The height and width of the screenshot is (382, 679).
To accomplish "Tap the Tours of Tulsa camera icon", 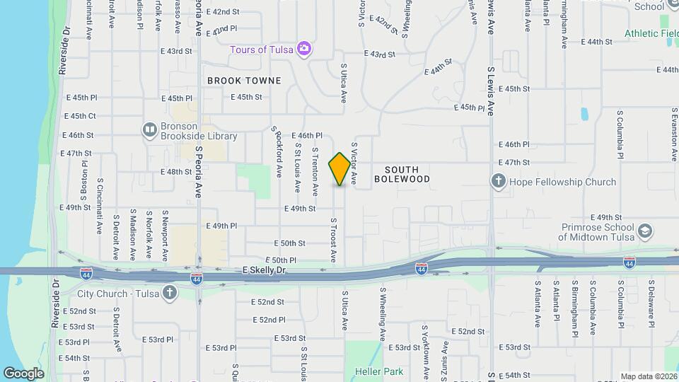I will [x=305, y=49].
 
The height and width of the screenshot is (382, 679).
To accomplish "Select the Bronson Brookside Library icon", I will [x=149, y=129].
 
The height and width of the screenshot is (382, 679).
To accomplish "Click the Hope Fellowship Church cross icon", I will [x=499, y=182].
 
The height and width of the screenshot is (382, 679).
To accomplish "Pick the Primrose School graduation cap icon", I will [x=645, y=231].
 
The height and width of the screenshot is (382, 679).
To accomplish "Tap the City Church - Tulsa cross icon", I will [x=170, y=293].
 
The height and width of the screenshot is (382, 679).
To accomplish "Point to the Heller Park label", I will [x=383, y=371].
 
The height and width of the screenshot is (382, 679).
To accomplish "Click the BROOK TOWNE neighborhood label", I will [x=244, y=81].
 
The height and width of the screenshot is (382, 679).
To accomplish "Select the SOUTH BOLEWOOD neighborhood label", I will [x=407, y=175].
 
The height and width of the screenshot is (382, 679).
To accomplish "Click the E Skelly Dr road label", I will [x=265, y=270].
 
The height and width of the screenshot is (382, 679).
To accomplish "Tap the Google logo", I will [x=23, y=373].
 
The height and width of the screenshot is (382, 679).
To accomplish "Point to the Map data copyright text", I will [x=649, y=376].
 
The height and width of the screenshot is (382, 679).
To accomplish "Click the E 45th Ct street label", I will [x=80, y=116].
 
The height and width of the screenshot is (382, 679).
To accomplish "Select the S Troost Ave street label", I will [x=332, y=240].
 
